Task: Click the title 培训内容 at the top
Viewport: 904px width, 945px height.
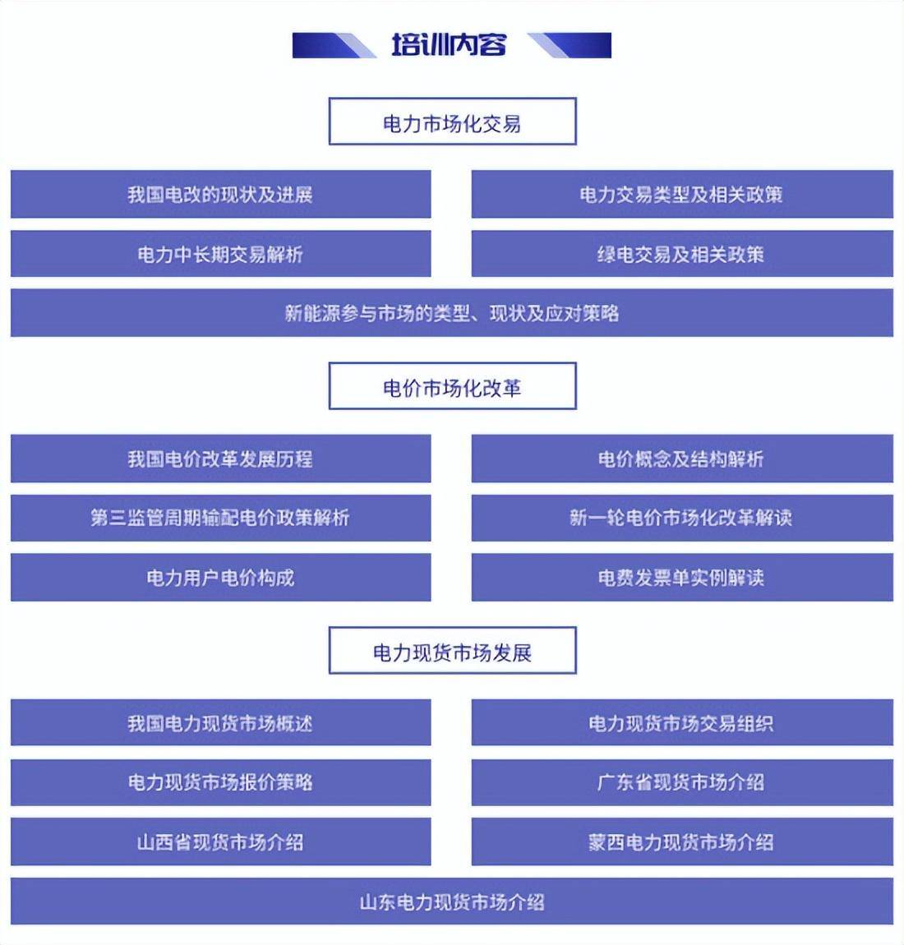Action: tap(449, 45)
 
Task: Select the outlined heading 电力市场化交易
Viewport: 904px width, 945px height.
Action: tap(453, 121)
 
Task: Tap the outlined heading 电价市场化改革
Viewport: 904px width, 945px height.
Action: tap(453, 385)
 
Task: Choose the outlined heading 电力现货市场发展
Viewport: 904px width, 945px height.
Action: tap(453, 650)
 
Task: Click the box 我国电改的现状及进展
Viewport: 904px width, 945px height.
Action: tap(220, 194)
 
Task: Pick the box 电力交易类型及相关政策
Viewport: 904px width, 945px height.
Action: tap(682, 194)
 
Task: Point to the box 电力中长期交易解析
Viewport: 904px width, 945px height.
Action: tap(220, 254)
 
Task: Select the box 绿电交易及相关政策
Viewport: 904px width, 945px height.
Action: tap(682, 254)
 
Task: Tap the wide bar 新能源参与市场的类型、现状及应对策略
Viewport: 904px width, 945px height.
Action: tap(452, 313)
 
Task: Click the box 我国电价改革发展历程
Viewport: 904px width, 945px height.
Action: tap(220, 459)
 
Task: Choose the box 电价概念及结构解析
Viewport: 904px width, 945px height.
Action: tap(682, 459)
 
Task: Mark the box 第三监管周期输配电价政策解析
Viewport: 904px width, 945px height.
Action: tap(220, 518)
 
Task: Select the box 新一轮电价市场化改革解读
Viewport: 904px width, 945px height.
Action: tap(682, 518)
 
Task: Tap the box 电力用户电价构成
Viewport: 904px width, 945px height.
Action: tap(220, 578)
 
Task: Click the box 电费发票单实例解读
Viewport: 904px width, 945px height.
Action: tap(682, 578)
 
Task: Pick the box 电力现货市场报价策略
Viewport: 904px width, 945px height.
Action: tap(220, 782)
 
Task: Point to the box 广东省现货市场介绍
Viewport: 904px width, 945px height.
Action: tap(682, 782)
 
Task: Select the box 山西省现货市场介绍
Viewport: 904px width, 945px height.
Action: tap(220, 841)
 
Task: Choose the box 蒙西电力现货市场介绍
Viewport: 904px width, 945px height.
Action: tap(682, 841)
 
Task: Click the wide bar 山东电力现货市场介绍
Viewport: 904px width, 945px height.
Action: tap(452, 901)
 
